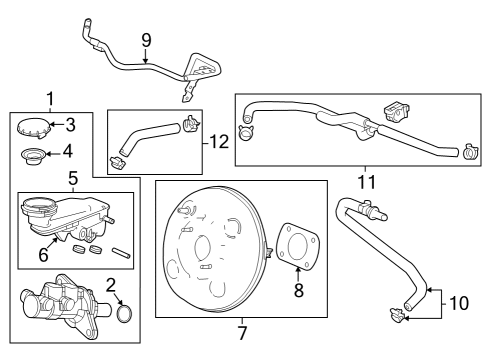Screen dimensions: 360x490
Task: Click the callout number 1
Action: tap(50, 98)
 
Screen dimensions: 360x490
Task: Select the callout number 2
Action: tap(112, 285)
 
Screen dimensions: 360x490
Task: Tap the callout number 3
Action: tap(69, 125)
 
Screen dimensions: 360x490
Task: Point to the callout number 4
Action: tap(69, 153)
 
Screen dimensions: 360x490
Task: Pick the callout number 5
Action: tap(73, 178)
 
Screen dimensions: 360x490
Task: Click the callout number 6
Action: tap(42, 256)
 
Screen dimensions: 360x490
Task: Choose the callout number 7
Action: tap(242, 332)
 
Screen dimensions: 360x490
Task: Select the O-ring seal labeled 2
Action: tap(125, 315)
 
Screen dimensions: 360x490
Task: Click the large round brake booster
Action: tap(212, 251)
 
